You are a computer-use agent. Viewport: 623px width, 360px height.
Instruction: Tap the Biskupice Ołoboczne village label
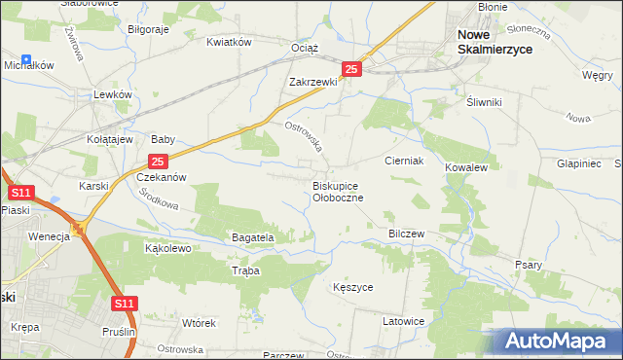(338, 191)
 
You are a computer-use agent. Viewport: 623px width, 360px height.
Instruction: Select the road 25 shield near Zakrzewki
(352, 69)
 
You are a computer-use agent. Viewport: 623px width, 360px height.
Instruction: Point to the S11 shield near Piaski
(18, 194)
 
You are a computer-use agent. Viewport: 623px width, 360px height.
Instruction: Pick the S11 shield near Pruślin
(123, 305)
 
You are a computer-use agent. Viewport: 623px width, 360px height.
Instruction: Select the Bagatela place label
(252, 236)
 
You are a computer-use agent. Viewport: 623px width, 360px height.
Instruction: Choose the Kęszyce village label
(352, 288)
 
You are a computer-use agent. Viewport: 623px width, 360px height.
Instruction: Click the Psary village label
(528, 265)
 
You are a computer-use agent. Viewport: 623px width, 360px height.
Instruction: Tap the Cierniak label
(403, 161)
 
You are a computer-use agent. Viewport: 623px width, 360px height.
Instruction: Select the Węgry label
(596, 74)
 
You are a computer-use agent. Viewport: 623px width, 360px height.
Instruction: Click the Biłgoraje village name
(149, 29)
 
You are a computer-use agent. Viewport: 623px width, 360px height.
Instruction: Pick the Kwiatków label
(230, 42)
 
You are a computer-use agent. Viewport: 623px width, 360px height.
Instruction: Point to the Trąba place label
(246, 271)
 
